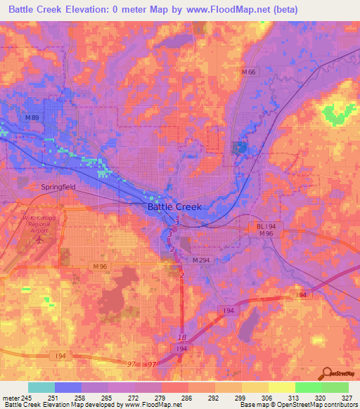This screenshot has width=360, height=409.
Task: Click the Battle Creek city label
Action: pos(174,207)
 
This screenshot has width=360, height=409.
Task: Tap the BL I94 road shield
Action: pos(264,226)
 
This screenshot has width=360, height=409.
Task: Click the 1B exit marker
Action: pos(182,337)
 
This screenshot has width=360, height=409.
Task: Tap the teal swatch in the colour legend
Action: pos(41,387)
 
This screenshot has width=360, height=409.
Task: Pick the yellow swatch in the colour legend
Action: pos(281,387)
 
